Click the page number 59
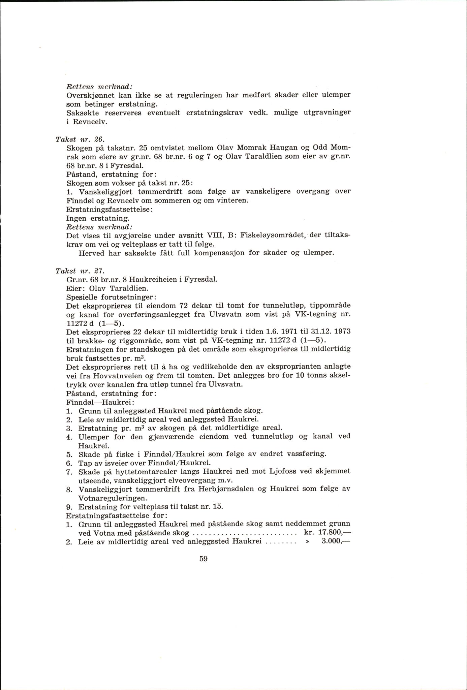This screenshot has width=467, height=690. [x=203, y=559]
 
